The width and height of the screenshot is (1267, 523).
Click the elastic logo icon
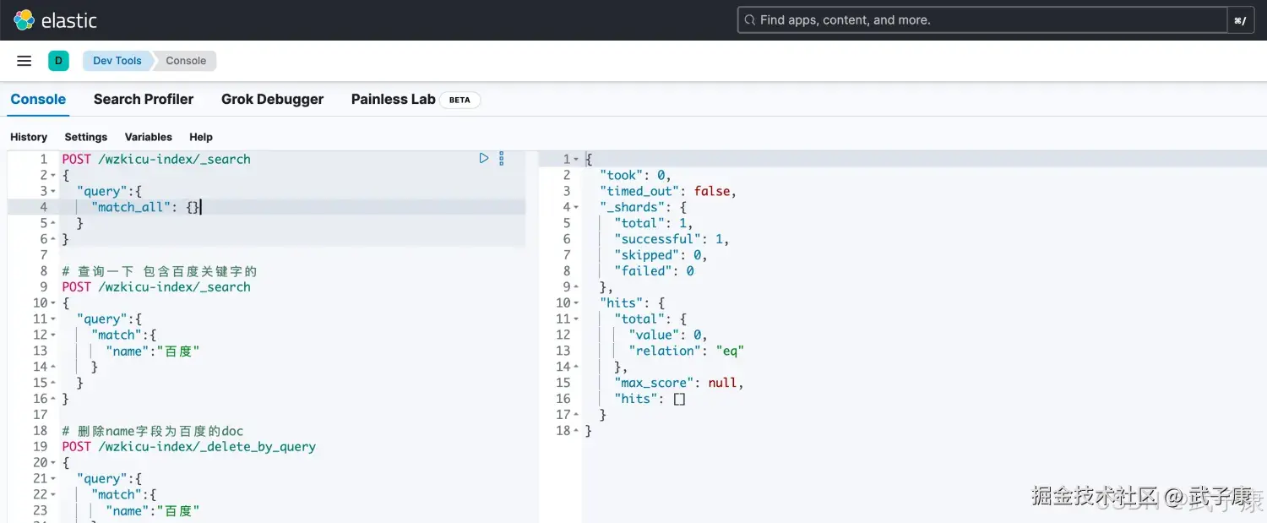point(24,19)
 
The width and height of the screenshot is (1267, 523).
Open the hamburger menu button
point(24,61)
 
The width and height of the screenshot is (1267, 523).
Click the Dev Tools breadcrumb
point(117,61)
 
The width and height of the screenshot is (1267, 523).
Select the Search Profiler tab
point(144,99)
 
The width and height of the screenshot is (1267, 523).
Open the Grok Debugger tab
point(272,99)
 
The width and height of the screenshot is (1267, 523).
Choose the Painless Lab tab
point(393,99)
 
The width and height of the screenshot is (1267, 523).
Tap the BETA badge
point(459,100)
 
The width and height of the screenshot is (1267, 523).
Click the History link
point(29,137)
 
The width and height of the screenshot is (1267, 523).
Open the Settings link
point(86,137)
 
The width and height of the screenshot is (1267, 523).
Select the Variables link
point(148,137)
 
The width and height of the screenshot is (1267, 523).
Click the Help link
point(201,137)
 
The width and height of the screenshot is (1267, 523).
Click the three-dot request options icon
point(501,159)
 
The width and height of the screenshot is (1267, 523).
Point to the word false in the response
point(712,191)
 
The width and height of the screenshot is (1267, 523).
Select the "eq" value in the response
point(730,351)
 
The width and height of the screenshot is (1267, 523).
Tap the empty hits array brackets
point(679,399)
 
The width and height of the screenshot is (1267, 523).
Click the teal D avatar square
point(58,61)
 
